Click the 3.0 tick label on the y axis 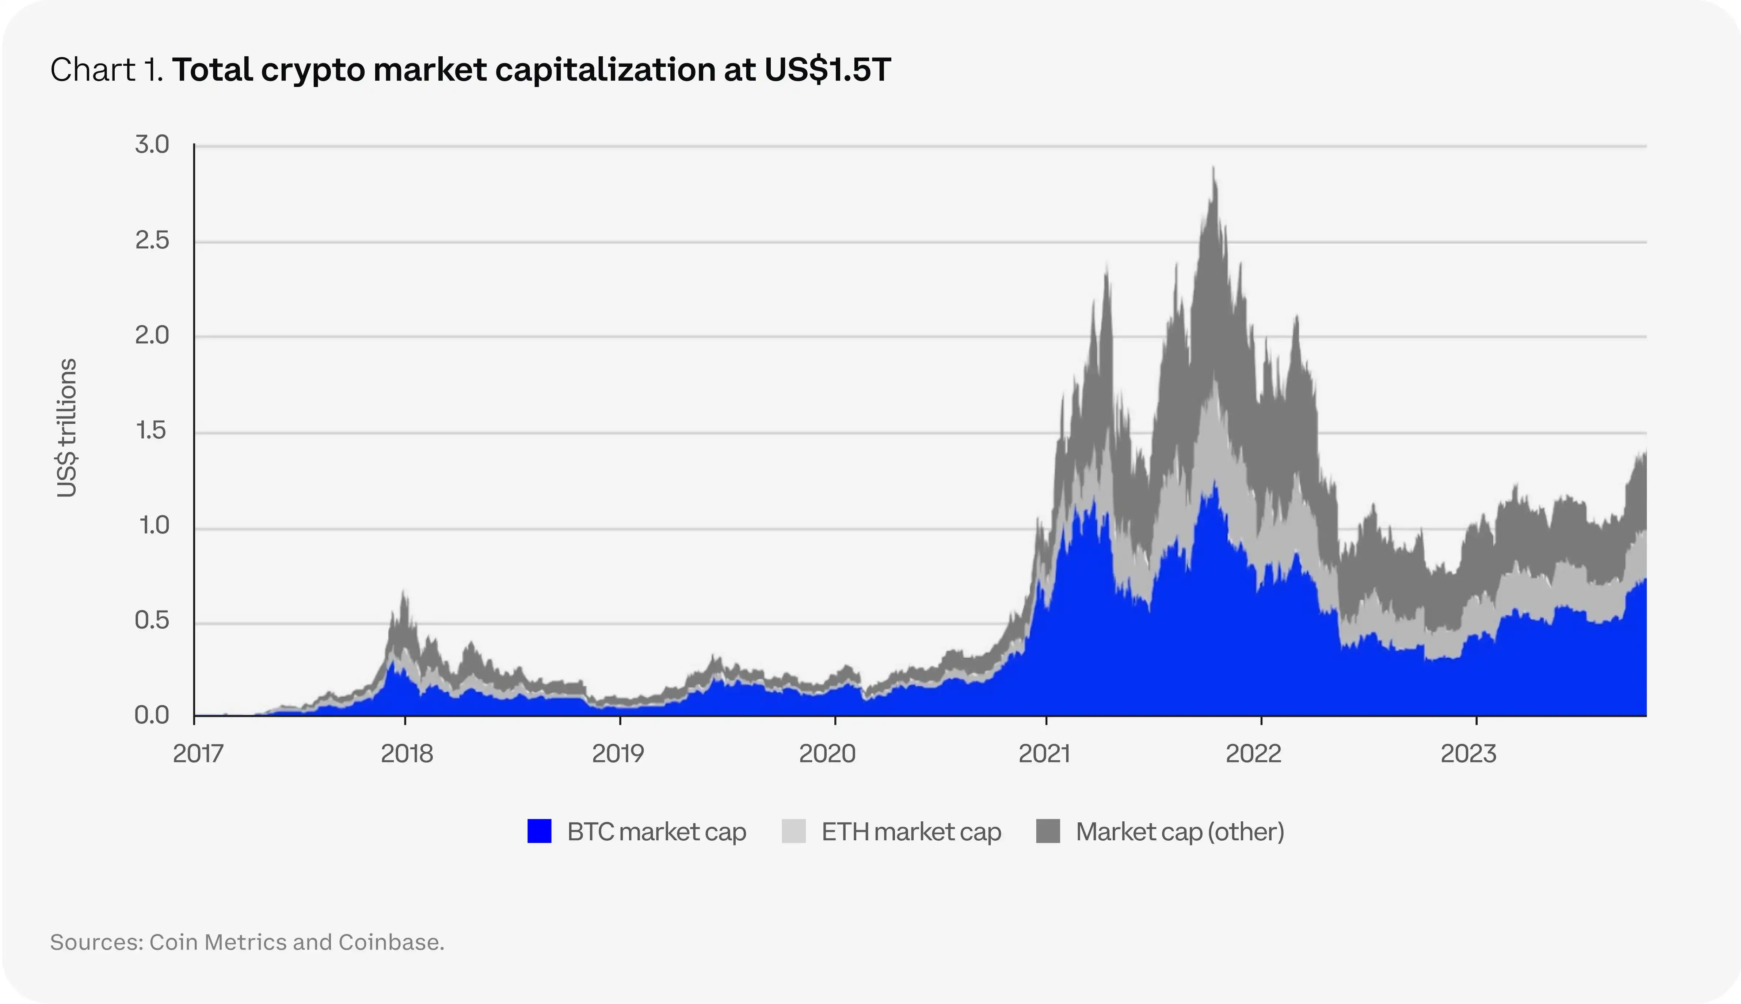(152, 145)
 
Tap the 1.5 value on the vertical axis (152, 431)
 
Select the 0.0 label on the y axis (152, 716)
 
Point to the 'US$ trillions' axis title (67, 427)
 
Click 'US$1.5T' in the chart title (827, 70)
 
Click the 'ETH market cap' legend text (911, 832)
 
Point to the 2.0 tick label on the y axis (152, 336)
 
